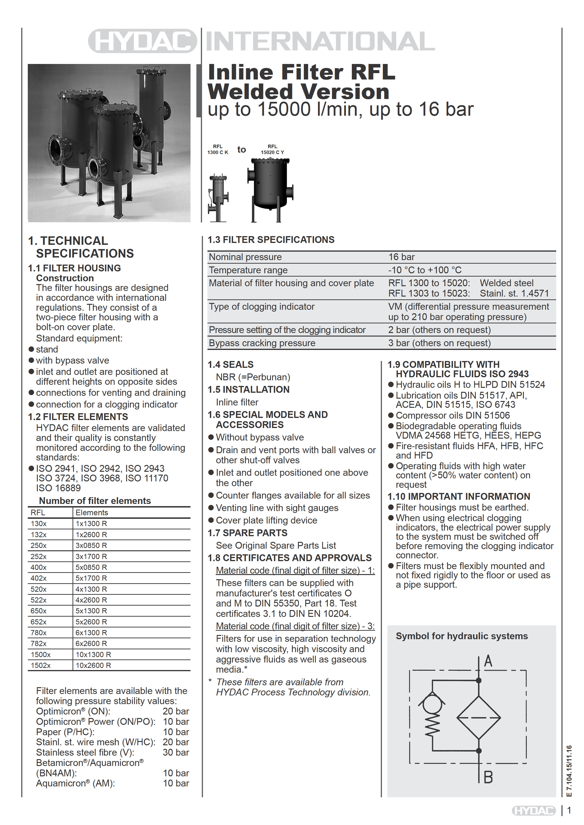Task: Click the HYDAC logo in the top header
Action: point(142,41)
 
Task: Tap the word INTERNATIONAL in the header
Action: point(320,41)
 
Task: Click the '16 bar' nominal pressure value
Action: point(401,257)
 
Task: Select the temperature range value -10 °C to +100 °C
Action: point(425,270)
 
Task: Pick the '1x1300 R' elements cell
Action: point(91,524)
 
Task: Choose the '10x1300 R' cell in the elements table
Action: point(93,654)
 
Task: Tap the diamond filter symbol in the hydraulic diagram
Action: point(479,718)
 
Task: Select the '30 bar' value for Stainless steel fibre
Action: point(176,752)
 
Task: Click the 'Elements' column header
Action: point(92,512)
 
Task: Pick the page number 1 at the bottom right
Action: point(569,810)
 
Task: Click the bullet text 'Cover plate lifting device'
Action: point(266,520)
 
